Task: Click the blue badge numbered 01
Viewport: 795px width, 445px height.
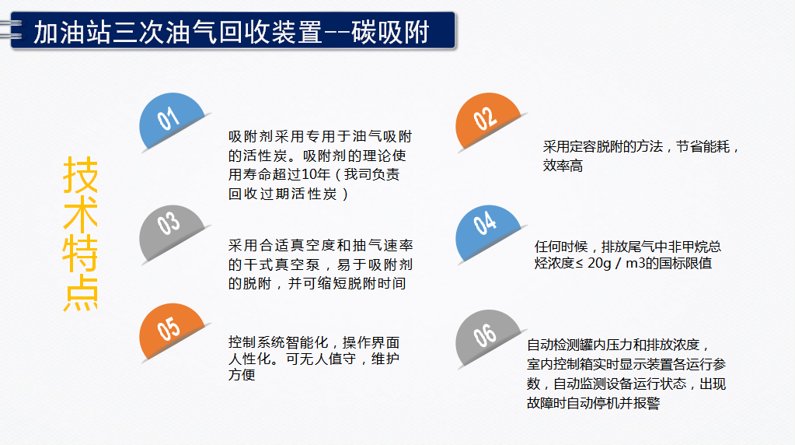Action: pos(172,120)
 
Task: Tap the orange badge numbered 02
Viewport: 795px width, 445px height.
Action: pos(487,120)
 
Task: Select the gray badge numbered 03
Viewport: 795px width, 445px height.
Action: pos(172,233)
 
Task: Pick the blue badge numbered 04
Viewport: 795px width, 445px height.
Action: pos(487,233)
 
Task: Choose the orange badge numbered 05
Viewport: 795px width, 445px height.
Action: pos(172,331)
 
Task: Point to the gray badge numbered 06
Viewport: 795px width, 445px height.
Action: pos(487,337)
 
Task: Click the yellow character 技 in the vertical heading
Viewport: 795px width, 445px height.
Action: pos(80,174)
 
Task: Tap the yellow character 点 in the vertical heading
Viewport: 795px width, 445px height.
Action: pos(80,293)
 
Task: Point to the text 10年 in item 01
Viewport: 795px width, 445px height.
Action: pos(316,174)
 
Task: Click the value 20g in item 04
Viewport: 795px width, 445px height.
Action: pos(599,264)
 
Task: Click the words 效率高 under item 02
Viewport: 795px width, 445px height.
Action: pos(563,166)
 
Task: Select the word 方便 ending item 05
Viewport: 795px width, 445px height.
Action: pos(242,375)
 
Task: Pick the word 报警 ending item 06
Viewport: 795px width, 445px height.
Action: pos(647,404)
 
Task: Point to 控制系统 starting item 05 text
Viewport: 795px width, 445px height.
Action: pos(256,342)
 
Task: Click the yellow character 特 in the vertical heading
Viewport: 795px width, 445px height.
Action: pos(80,253)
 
